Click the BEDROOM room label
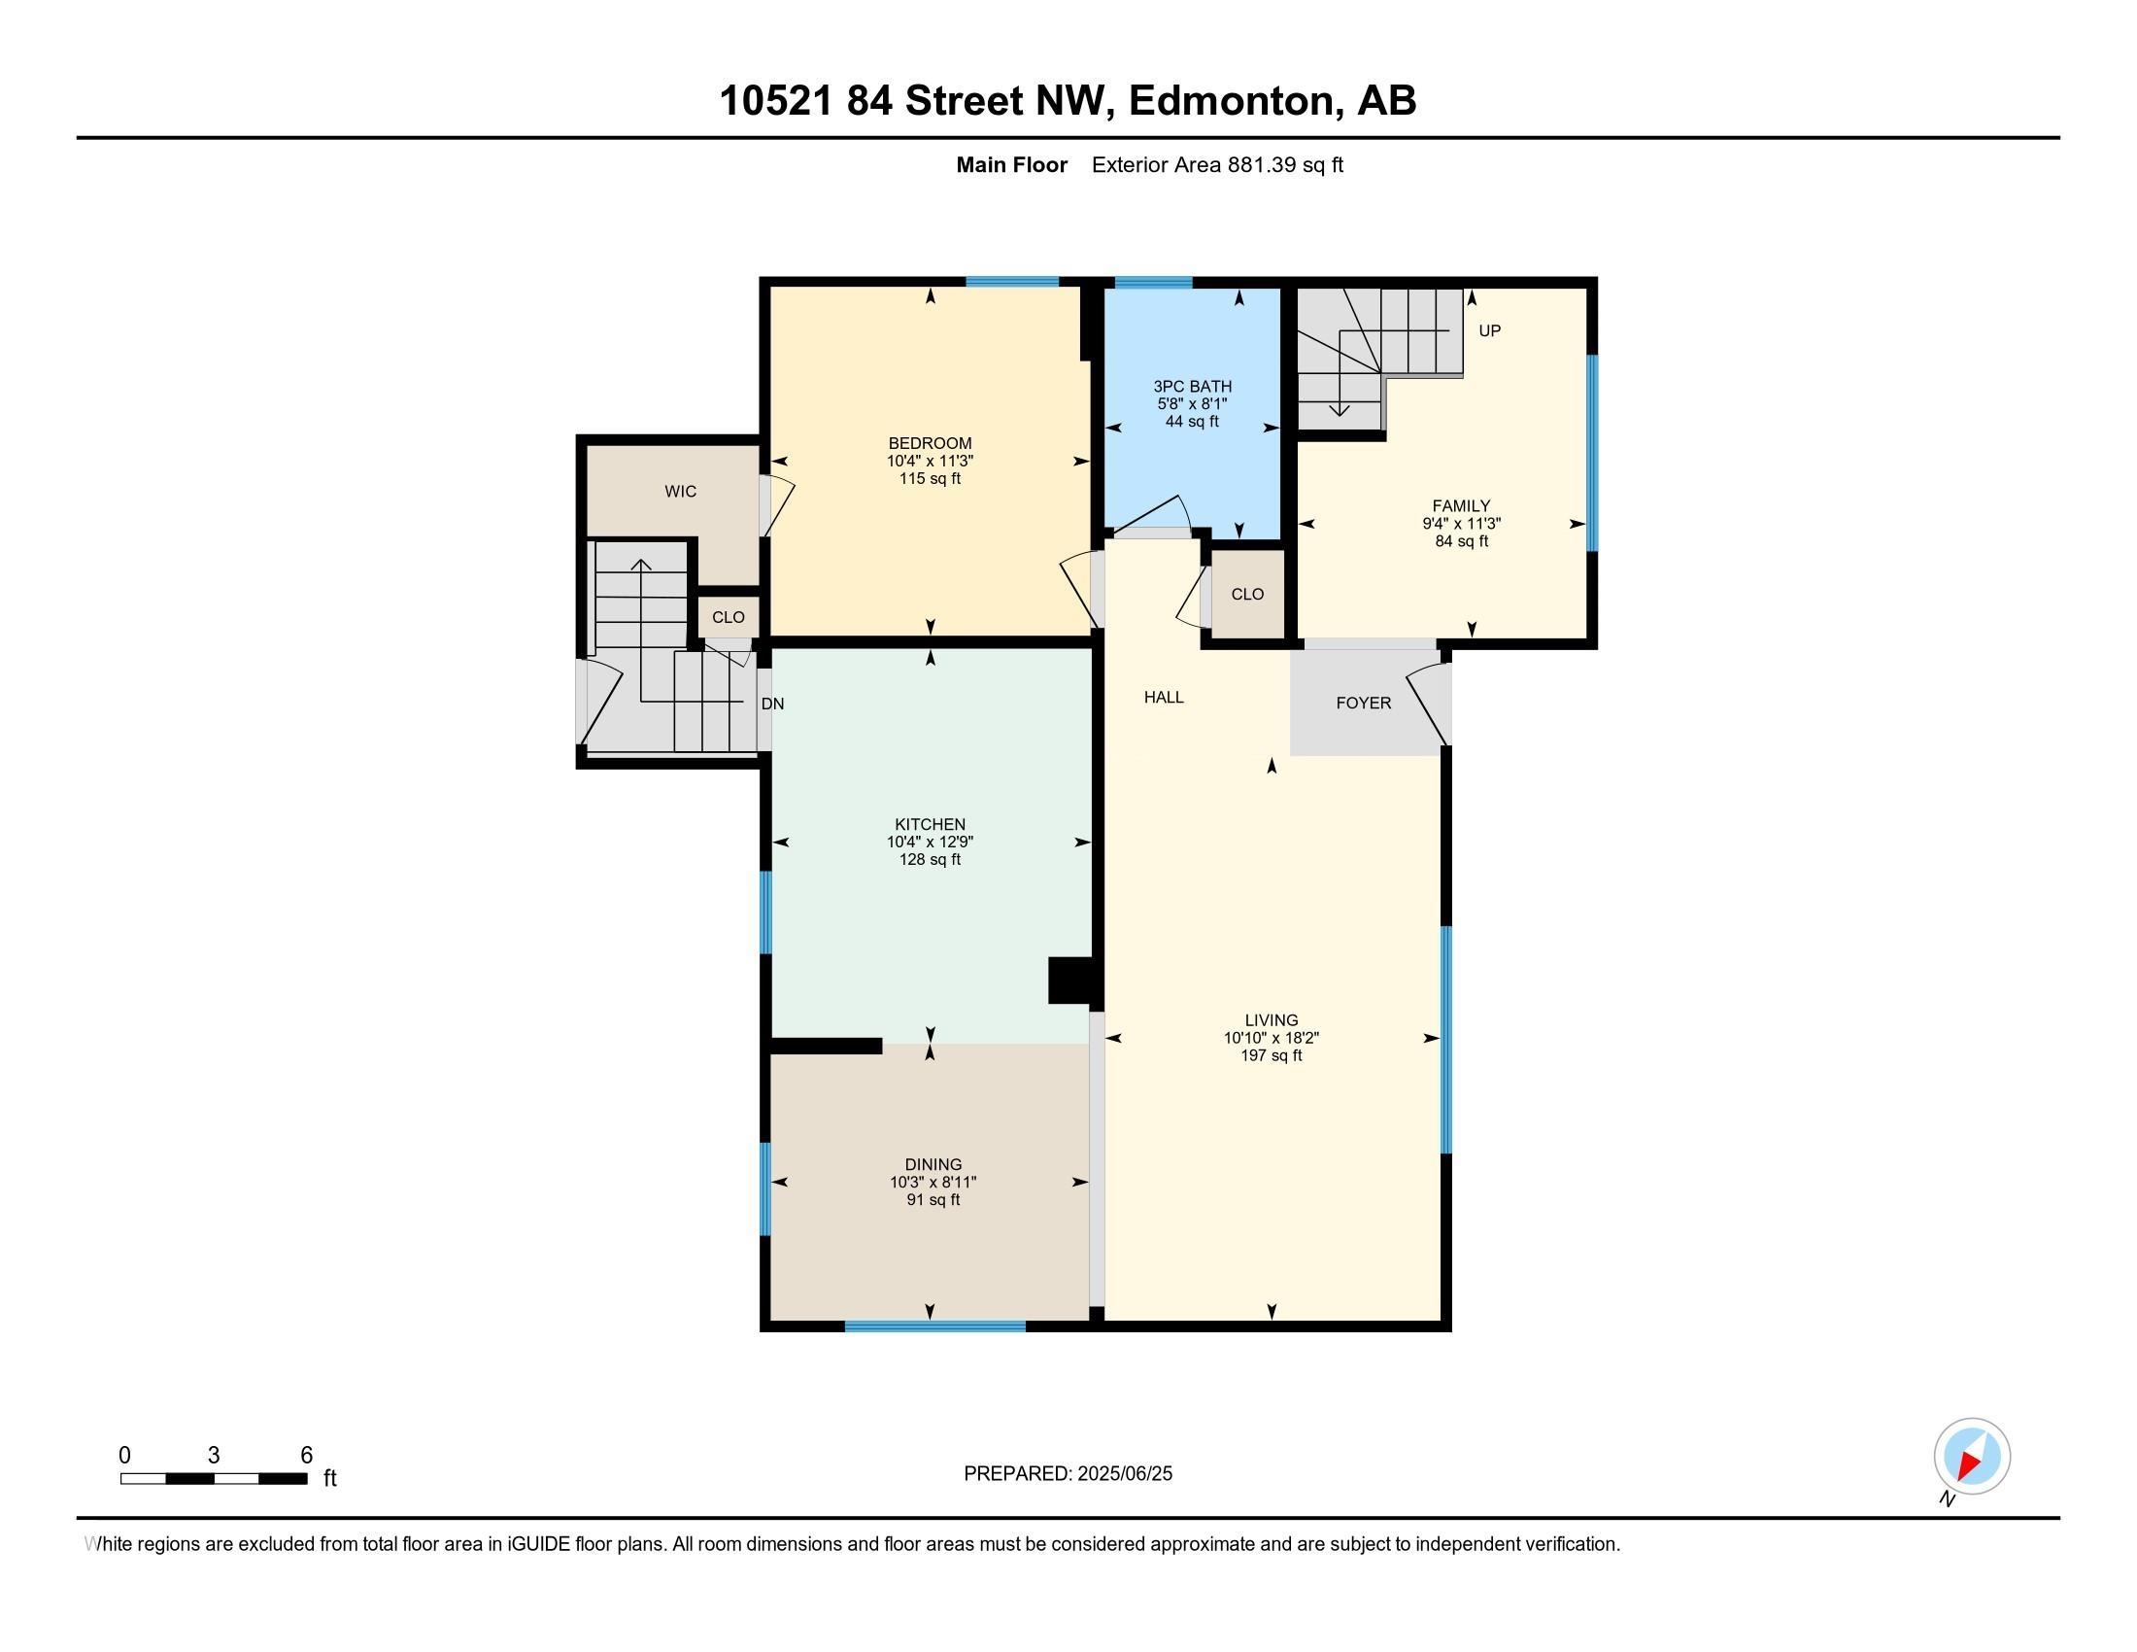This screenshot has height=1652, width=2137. tap(930, 443)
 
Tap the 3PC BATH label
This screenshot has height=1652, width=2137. tap(1192, 387)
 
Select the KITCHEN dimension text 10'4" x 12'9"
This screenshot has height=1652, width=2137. tap(930, 842)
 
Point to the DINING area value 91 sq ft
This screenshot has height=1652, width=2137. tap(933, 1200)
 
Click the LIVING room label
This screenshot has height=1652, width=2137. tap(1272, 1019)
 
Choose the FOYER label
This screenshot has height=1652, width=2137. tap(1363, 703)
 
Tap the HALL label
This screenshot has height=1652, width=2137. tap(1164, 697)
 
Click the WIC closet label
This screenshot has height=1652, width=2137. tap(680, 492)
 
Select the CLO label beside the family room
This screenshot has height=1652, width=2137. tap(1246, 594)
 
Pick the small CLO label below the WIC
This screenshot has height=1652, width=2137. tap(728, 616)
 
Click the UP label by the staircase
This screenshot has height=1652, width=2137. tap(1489, 330)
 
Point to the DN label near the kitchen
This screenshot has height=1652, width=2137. tap(772, 704)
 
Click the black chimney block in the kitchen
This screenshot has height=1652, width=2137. tap(1070, 981)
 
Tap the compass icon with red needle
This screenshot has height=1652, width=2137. tap(1972, 1457)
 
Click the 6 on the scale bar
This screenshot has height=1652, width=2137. tap(306, 1456)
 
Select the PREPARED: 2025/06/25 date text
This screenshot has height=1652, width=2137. tap(1068, 1474)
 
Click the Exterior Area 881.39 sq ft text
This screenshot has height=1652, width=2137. tap(1217, 164)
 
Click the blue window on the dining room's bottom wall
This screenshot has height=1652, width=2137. tap(934, 1326)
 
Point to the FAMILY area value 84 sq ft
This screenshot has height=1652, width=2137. tap(1461, 541)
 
